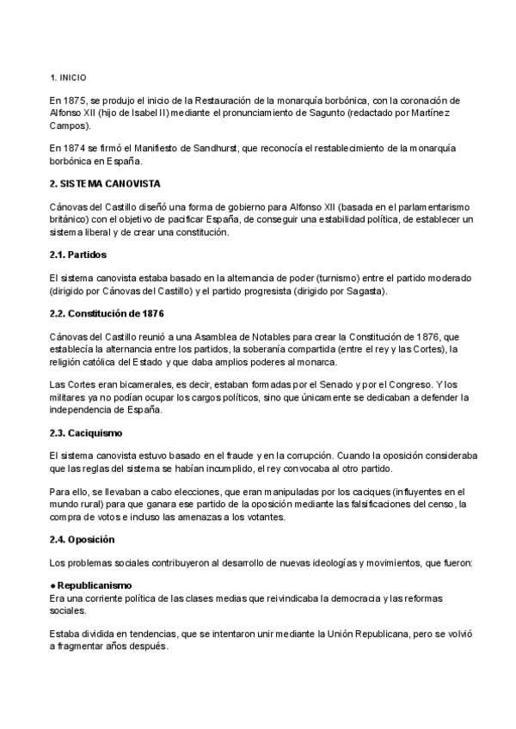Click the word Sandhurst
(224, 149)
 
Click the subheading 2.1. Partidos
(78, 255)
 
